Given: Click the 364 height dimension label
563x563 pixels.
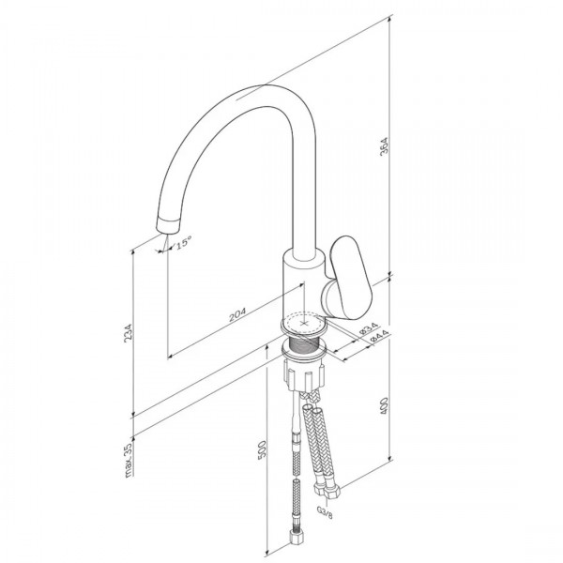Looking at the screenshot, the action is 384,146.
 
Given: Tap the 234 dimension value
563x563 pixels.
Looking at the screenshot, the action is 129,333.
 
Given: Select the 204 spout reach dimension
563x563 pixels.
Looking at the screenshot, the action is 237,314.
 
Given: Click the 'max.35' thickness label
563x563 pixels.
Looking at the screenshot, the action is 129,460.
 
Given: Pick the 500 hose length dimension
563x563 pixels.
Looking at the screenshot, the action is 262,449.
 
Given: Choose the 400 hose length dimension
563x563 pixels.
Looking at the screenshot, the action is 384,406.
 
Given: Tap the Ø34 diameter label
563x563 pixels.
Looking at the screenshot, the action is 369,329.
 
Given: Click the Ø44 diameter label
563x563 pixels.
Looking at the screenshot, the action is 378,337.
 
